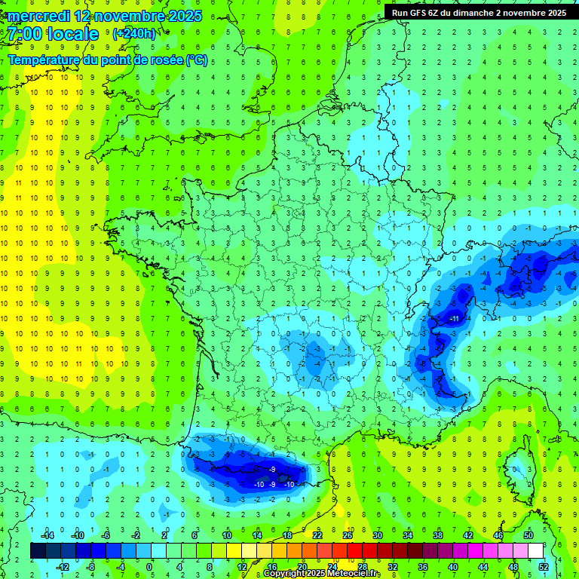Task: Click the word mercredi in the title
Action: [40, 16]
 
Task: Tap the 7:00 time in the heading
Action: [23, 34]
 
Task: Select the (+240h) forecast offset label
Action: [133, 33]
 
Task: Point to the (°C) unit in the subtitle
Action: [196, 60]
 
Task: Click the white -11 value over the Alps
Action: [455, 319]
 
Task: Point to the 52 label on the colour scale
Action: [544, 567]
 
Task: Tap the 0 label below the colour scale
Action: [149, 567]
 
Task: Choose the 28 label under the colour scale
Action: [363, 567]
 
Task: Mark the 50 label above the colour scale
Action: [528, 535]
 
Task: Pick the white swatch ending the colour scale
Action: [535, 551]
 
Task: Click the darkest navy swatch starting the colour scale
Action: [38, 551]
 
